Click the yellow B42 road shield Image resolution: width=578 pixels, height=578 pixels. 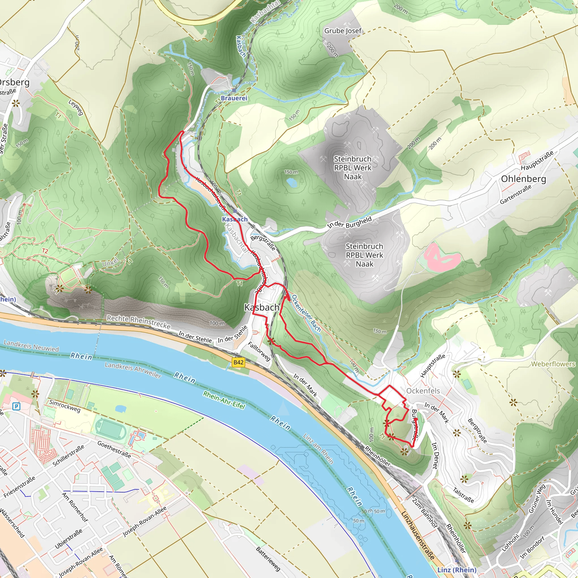[238, 363]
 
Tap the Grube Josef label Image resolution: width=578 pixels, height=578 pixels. [343, 31]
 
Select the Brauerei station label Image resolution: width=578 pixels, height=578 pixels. [234, 98]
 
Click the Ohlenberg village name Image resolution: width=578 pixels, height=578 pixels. [524, 179]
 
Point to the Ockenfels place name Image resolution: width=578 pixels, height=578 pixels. [423, 391]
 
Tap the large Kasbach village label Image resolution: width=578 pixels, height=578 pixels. [262, 307]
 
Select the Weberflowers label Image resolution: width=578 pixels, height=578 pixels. [553, 364]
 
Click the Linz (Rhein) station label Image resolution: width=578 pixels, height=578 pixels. [457, 570]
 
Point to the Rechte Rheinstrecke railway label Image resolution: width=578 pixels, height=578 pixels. [139, 322]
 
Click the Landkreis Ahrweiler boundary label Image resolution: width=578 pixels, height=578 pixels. [133, 370]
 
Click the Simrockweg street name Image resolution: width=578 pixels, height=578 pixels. [65, 406]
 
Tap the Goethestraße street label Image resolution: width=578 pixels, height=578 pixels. [114, 450]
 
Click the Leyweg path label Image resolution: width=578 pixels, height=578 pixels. [75, 107]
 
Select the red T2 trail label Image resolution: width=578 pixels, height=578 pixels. [45, 251]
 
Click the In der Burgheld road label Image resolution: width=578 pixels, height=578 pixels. [349, 223]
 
